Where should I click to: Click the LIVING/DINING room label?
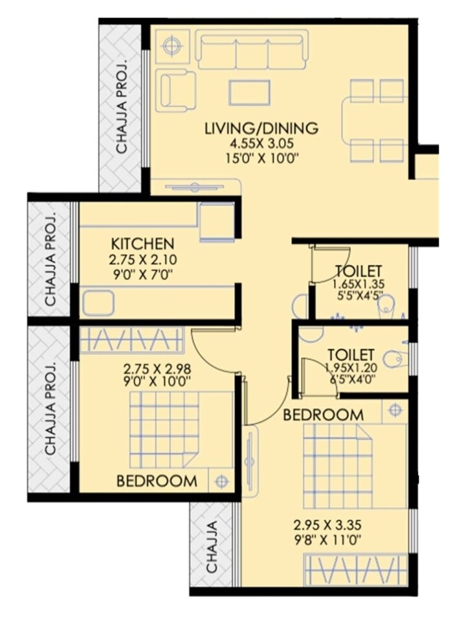coord(261,128)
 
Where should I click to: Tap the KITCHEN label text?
coord(143,244)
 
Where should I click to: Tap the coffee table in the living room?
coord(249,91)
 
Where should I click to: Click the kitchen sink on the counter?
coord(98,303)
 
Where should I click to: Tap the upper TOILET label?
coord(358,271)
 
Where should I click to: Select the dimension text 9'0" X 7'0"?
coord(143,273)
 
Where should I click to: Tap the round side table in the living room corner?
coord(171,46)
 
